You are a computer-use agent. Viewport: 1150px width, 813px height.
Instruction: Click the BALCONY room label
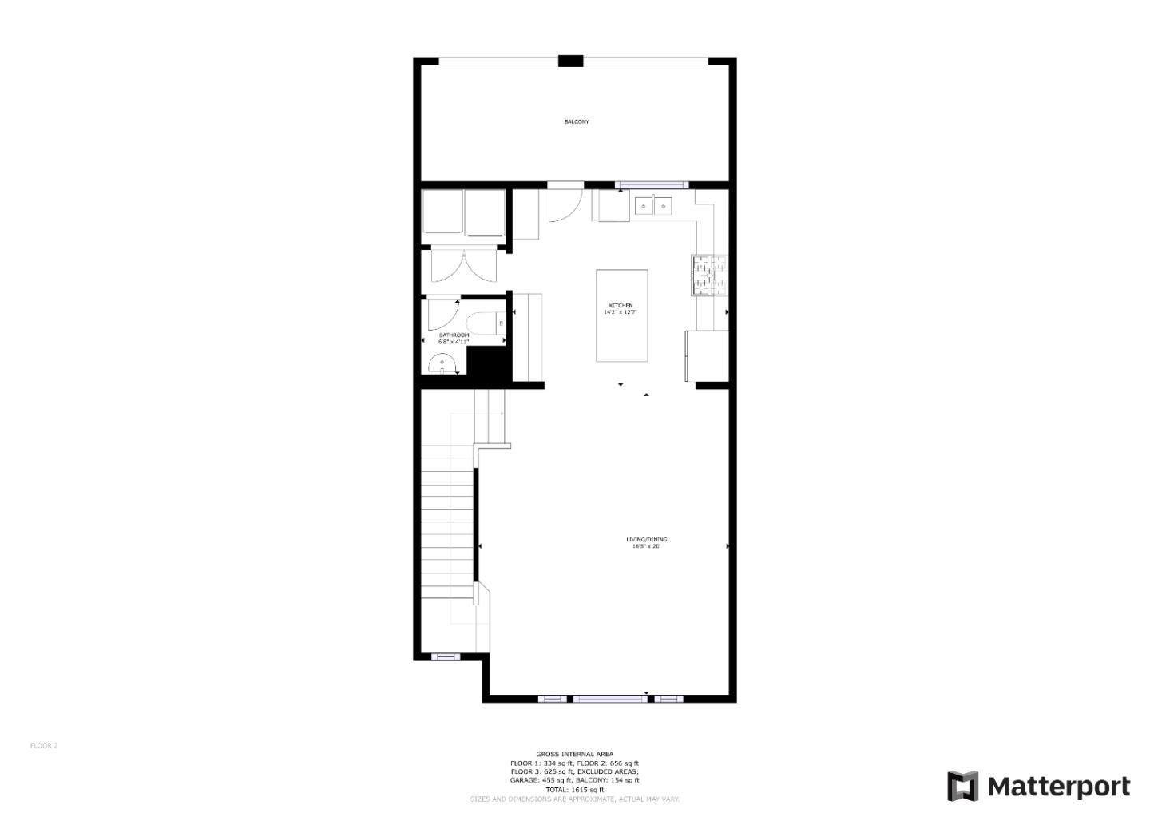point(577,121)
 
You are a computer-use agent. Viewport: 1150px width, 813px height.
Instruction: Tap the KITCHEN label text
point(621,306)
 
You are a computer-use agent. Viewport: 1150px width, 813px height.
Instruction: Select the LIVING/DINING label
point(646,540)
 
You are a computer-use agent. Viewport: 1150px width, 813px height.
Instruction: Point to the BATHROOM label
point(454,335)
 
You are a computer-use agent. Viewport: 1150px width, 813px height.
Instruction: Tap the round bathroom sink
point(442,366)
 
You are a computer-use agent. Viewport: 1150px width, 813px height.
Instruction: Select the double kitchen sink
point(653,207)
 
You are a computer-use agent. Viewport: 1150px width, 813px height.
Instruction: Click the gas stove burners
point(709,275)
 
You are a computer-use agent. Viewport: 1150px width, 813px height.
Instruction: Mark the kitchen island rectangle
point(621,315)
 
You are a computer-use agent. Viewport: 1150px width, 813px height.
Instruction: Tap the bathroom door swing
point(442,313)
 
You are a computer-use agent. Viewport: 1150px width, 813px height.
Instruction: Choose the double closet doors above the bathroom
point(463,266)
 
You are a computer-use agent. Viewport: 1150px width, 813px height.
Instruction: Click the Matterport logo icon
point(962,787)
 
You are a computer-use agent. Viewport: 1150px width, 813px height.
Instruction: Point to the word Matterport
point(1059,787)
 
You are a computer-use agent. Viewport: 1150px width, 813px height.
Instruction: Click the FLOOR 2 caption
point(44,746)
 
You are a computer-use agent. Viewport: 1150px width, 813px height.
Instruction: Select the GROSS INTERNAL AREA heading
point(574,754)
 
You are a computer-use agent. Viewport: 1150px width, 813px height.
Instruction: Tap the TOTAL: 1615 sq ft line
point(574,789)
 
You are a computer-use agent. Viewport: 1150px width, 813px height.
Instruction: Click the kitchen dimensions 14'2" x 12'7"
point(621,312)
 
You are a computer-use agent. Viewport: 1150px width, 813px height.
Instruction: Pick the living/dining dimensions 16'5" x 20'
point(646,547)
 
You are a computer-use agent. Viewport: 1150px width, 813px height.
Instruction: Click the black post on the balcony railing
point(570,61)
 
